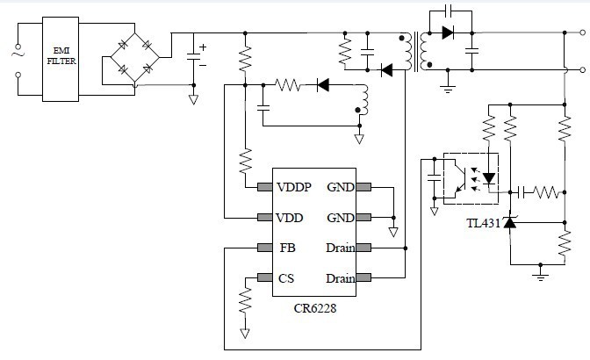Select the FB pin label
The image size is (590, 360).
click(x=286, y=248)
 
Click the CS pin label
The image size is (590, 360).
click(x=286, y=278)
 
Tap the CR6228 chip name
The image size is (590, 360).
click(x=314, y=308)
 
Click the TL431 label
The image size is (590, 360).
click(x=482, y=224)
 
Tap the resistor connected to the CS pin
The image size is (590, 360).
click(x=244, y=302)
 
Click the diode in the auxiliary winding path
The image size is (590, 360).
click(x=321, y=85)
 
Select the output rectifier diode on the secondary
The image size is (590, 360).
click(x=448, y=33)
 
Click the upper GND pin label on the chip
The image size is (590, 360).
click(x=341, y=187)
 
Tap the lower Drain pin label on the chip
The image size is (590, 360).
click(x=340, y=278)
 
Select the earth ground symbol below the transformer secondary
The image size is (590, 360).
click(x=449, y=87)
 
